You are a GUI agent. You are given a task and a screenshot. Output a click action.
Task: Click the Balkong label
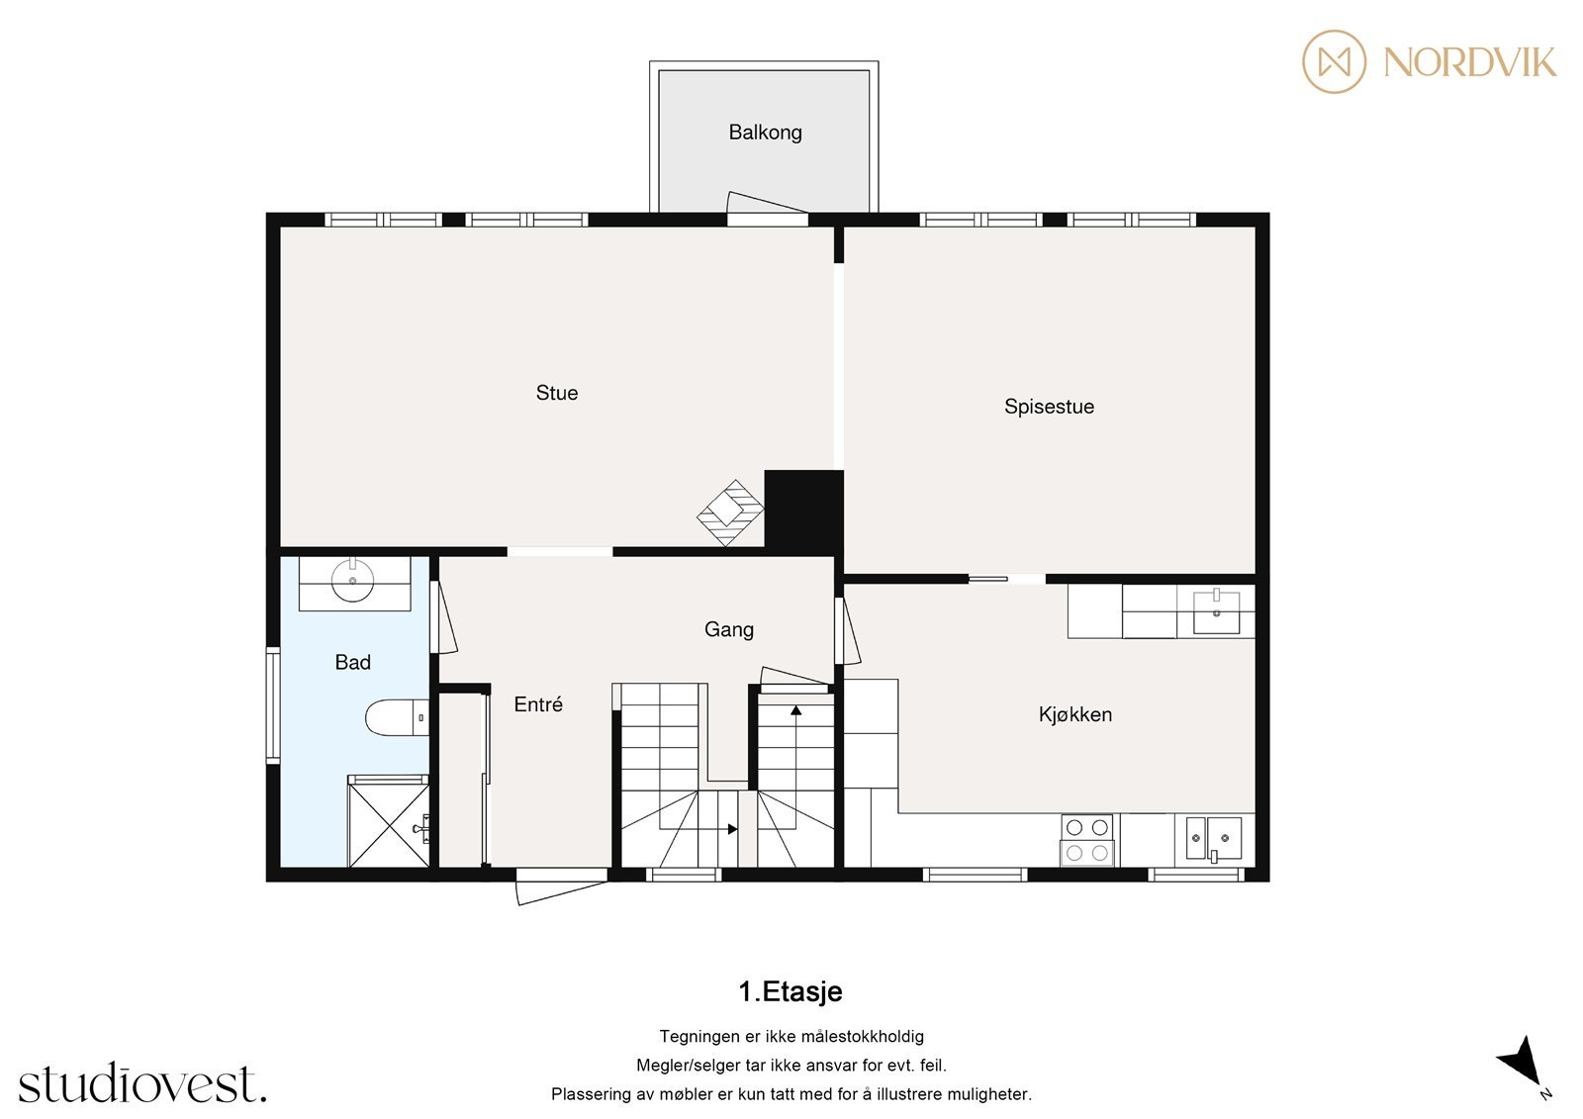765,133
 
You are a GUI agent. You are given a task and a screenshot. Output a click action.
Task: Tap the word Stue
557,393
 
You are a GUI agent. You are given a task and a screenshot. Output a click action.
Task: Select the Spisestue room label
1049,407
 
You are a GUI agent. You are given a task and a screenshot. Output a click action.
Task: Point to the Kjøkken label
1075,714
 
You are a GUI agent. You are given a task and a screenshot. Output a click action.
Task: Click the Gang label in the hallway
729,629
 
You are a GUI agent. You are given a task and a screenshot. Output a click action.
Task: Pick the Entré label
538,704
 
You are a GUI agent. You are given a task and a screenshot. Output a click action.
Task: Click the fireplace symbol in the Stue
730,512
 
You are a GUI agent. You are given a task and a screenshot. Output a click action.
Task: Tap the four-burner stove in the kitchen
1087,839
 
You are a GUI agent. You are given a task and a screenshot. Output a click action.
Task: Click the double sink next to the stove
1214,839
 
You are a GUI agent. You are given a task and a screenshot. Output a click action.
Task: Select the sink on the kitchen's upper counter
1216,611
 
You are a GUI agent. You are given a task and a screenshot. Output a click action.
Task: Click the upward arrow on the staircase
795,709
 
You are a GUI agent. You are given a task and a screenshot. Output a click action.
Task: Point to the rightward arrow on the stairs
731,829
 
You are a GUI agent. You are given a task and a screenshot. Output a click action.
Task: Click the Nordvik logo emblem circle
1334,62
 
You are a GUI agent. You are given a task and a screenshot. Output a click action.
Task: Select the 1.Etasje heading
791,991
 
